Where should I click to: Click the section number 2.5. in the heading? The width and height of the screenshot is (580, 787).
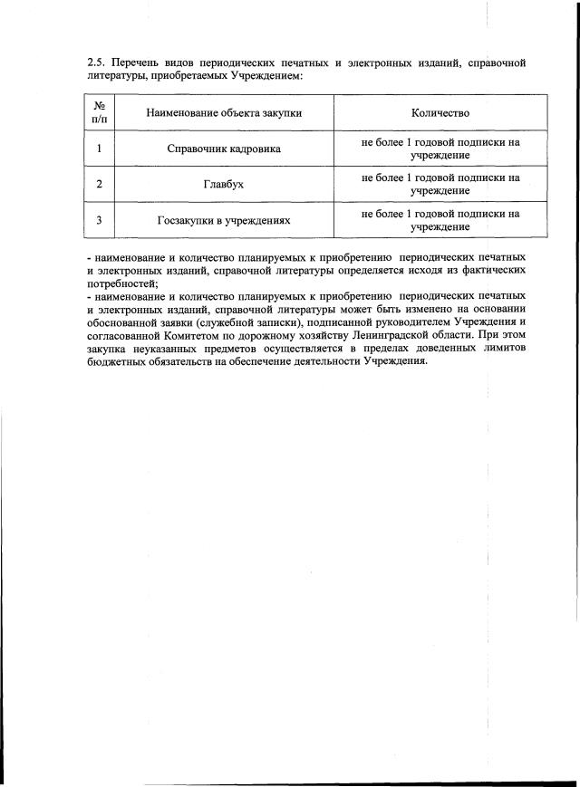click(x=96, y=63)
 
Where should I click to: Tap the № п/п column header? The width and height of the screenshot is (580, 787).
click(x=98, y=112)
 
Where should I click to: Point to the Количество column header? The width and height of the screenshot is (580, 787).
click(x=440, y=113)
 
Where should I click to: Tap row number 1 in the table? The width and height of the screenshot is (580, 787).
click(x=98, y=149)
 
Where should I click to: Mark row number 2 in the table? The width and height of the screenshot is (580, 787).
click(x=98, y=184)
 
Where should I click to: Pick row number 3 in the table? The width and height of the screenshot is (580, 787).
click(x=98, y=220)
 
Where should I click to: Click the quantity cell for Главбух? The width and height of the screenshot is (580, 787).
click(x=440, y=184)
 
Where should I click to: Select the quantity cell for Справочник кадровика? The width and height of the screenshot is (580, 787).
click(x=440, y=149)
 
